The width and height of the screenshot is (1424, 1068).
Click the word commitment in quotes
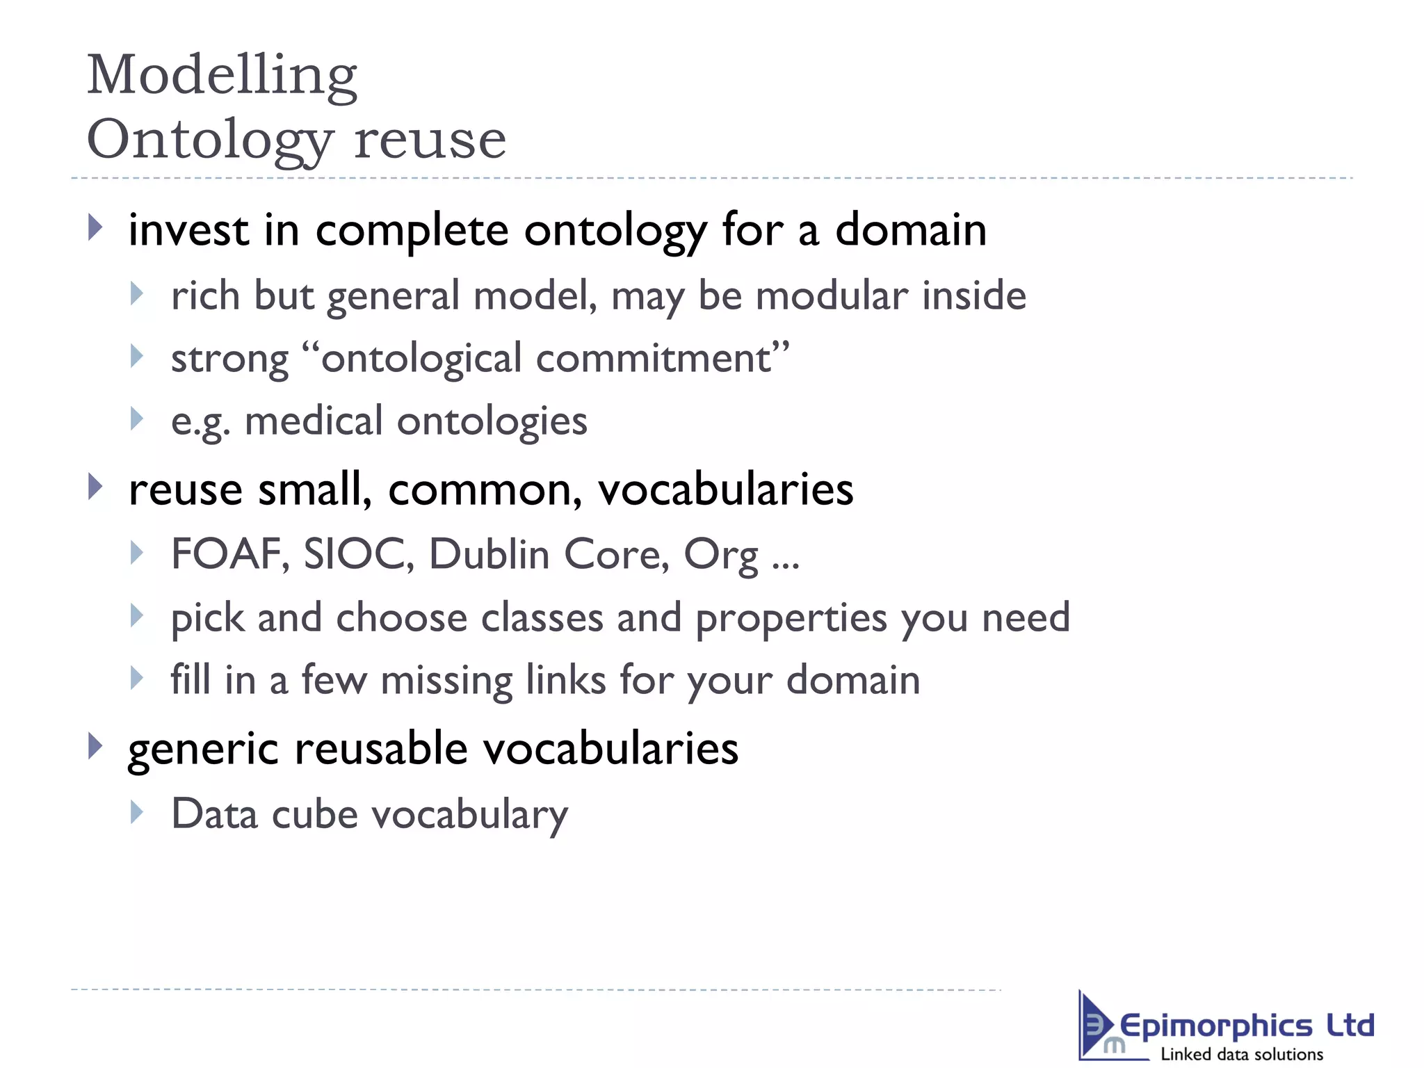pos(654,359)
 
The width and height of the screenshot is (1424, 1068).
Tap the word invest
pos(188,230)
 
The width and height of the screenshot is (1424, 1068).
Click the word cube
pos(314,814)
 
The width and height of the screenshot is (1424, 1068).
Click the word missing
pos(446,680)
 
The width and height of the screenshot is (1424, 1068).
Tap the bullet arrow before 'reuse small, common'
pos(96,487)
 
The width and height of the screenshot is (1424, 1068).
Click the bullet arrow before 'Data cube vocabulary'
pos(137,812)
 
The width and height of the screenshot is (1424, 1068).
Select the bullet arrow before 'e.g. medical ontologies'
pos(137,419)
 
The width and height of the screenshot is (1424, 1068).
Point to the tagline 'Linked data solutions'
pos(1242,1054)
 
